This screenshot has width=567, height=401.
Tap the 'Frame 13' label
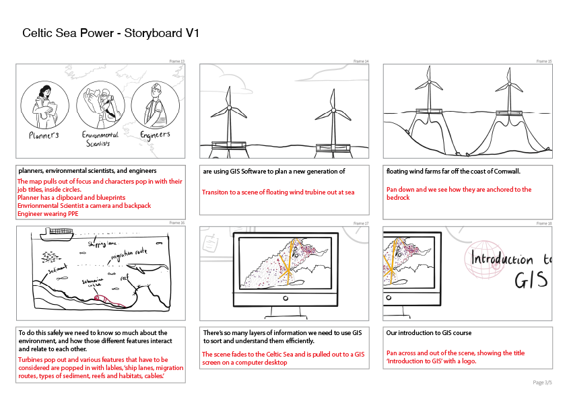176,61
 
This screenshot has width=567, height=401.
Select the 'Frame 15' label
544,61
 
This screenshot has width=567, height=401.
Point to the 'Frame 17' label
361,223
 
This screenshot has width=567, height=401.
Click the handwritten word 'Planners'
44,135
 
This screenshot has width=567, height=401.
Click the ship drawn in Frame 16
57,234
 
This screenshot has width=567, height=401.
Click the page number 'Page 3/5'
542,382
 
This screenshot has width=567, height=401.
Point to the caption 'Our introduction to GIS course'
429,333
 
